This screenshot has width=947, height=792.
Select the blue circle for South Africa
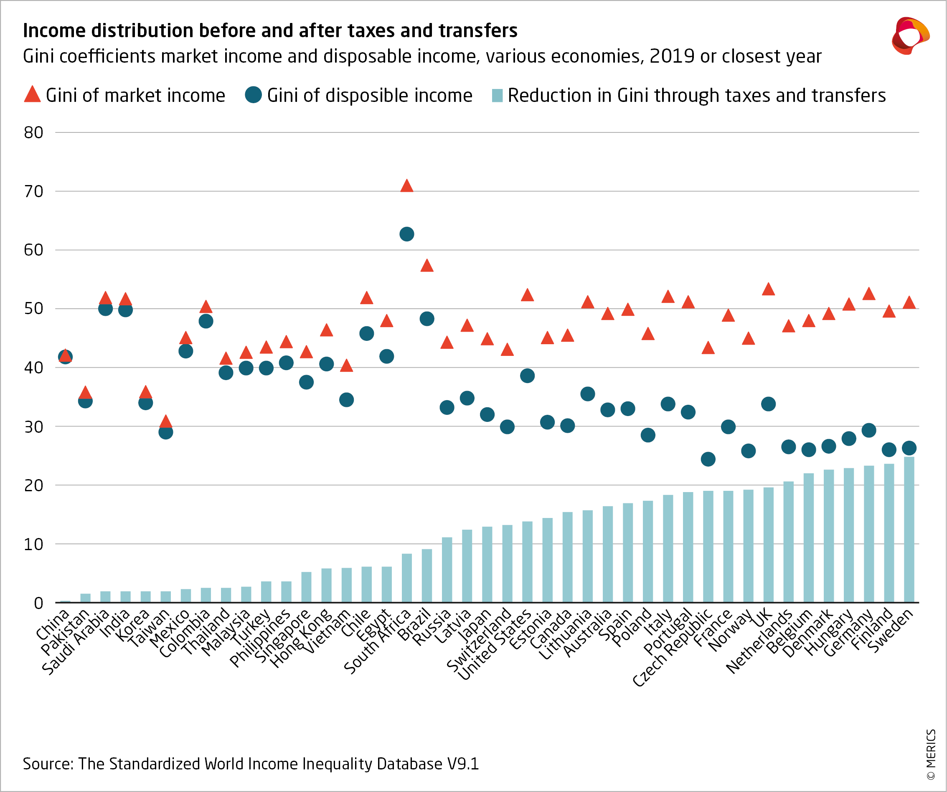click(407, 234)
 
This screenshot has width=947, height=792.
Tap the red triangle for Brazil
click(427, 266)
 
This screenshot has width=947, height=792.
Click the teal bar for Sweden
click(909, 530)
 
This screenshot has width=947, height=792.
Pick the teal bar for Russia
click(447, 570)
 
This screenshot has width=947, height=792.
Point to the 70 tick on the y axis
click(33, 192)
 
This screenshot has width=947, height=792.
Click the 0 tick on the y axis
click(39, 603)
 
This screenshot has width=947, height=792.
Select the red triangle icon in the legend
click(33, 94)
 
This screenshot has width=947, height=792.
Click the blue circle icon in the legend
click(254, 95)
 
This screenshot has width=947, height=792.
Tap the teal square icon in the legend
click(497, 95)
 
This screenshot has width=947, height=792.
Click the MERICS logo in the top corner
click(910, 36)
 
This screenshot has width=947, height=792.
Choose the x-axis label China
click(53, 624)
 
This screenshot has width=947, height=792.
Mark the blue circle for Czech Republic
click(708, 459)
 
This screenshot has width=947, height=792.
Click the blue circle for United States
click(527, 376)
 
